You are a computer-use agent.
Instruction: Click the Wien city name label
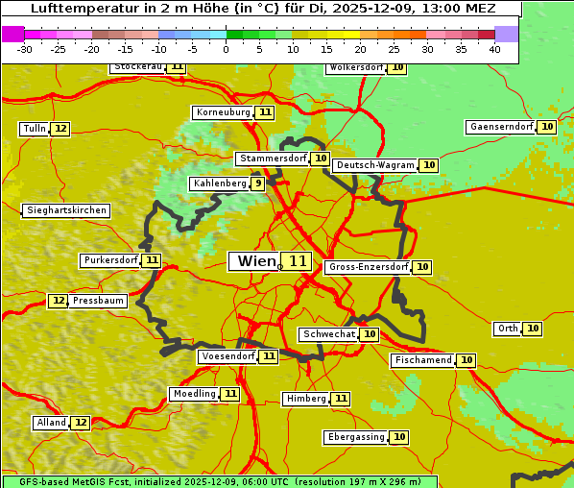[254, 261]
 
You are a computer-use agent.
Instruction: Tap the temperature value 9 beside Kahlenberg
[257, 183]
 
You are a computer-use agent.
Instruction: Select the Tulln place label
[34, 129]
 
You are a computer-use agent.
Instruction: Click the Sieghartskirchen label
[66, 210]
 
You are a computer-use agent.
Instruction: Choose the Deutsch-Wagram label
[375, 165]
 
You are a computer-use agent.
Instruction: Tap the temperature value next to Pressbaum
[59, 301]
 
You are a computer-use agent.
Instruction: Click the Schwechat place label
[328, 334]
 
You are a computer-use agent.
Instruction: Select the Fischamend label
[422, 360]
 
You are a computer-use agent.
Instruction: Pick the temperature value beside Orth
[533, 329]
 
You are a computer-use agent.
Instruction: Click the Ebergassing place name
[355, 437]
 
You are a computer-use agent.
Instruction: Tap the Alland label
[51, 423]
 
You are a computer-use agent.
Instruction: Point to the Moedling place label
[194, 394]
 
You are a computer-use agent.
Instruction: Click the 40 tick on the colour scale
[494, 50]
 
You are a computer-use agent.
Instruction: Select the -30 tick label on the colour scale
[25, 50]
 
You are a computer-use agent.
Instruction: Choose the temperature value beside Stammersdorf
[321, 159]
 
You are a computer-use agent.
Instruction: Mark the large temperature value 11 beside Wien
[298, 261]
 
